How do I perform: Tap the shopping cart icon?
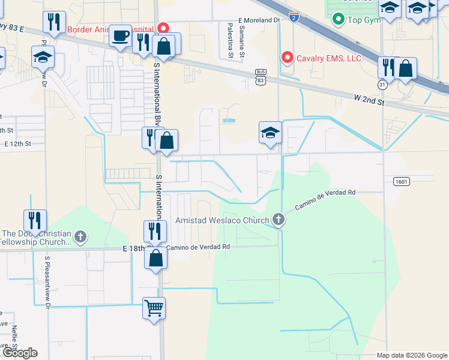[154, 308]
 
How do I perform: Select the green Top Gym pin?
[339, 20]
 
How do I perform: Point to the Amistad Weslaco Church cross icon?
[278, 220]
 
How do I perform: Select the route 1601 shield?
[402, 181]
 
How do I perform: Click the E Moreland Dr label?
[259, 20]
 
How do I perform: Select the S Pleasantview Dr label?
[47, 283]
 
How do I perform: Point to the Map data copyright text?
[411, 355]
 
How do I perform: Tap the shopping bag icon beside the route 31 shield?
[406, 69]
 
